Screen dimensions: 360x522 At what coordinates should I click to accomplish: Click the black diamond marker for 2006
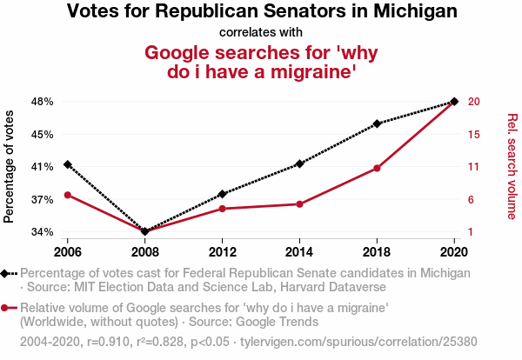68,164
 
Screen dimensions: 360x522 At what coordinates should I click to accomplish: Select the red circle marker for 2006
68,194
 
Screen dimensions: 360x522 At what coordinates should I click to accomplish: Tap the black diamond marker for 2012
223,194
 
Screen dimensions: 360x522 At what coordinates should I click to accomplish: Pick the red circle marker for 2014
300,203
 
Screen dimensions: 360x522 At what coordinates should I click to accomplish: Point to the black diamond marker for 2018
378,123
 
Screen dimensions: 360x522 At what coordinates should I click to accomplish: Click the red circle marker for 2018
378,168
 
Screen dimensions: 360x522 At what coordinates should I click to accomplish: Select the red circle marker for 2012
223,209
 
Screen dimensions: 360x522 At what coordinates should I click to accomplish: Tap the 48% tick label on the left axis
42,102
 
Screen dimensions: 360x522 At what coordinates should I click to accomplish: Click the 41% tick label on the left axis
42,167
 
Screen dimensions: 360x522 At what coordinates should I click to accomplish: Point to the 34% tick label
42,232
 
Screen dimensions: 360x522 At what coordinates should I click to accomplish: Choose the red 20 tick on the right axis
474,102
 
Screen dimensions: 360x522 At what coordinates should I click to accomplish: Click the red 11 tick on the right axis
474,167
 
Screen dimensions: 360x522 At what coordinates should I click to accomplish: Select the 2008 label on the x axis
145,252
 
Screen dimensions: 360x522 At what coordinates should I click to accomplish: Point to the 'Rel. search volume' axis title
512,166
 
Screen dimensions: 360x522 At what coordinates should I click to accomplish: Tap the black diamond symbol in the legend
7,273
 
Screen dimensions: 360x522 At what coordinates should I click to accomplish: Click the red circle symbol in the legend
7,308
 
